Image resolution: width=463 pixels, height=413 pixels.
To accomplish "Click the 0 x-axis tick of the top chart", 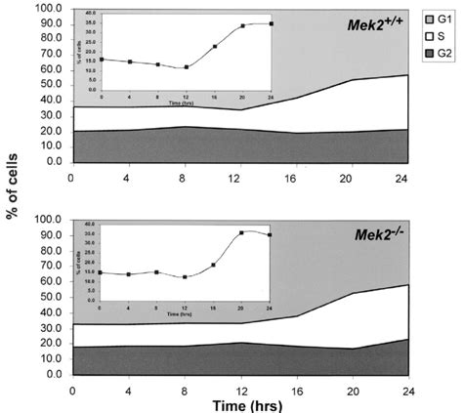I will pyautogui.click(x=71, y=177).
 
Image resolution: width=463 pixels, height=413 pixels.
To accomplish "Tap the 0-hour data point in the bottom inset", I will pyautogui.click(x=101, y=272).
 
